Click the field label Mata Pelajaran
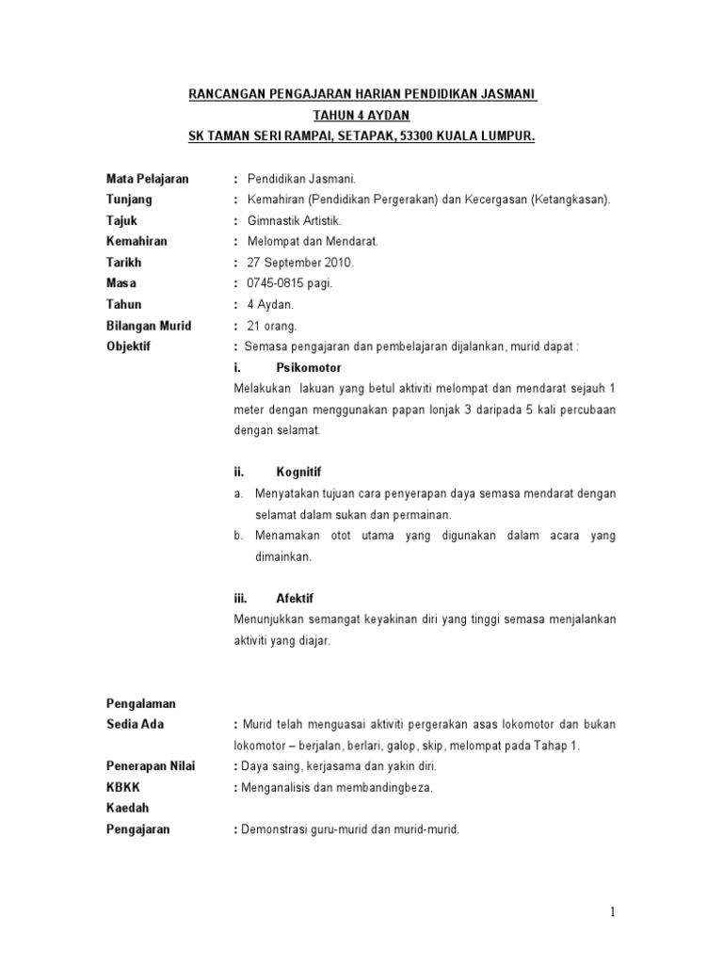[x=147, y=178]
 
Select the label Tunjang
[x=129, y=200]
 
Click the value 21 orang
[x=271, y=326]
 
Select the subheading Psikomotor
[x=309, y=367]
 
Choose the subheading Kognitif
[x=298, y=472]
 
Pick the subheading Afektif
[x=295, y=598]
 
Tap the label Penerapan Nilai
[x=150, y=766]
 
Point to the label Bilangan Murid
[x=149, y=326]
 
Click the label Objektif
[x=131, y=346]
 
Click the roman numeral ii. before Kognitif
[x=239, y=472]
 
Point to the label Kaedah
[x=127, y=808]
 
